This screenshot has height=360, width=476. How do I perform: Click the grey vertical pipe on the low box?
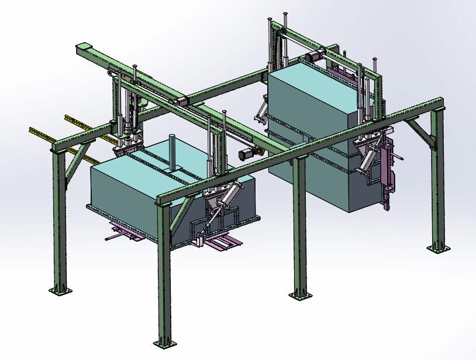coord(173,152)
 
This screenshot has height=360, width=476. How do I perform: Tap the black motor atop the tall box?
coord(314,56)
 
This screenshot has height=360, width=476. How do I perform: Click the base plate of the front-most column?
coord(164,341)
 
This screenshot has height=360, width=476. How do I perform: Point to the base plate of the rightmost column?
coord(438,248)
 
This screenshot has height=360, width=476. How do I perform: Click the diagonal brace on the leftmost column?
coord(73,170)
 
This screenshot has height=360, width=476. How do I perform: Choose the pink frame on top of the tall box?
coord(345,73)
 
